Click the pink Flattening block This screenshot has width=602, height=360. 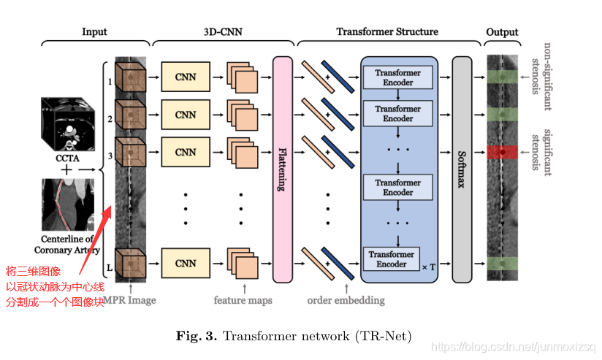(283, 169)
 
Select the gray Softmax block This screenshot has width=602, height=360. (461, 169)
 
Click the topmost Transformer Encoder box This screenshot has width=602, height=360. (398, 77)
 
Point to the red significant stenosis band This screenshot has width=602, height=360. (502, 152)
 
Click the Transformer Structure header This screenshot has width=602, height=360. (387, 31)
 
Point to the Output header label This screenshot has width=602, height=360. (502, 31)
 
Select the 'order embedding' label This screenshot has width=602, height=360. (346, 299)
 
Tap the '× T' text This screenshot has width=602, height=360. (428, 267)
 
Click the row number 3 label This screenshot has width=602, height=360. (110, 156)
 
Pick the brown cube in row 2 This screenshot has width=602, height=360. (131, 116)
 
